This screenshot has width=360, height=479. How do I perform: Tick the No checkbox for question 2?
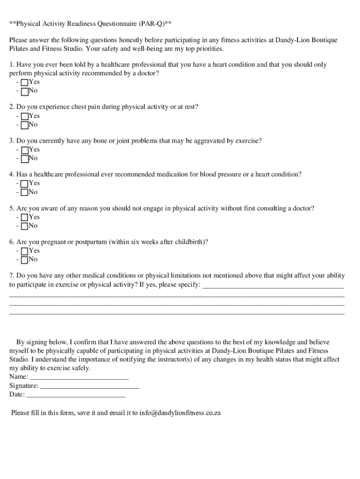[x=24, y=125]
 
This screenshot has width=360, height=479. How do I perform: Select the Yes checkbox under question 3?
[x=24, y=150]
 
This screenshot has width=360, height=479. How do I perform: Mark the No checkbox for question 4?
[x=24, y=192]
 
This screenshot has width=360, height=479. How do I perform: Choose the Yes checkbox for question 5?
[x=24, y=218]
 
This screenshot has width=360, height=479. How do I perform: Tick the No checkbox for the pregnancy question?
[x=24, y=260]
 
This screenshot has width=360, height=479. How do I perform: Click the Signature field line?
[x=90, y=386]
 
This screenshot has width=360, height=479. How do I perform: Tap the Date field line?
[x=76, y=395]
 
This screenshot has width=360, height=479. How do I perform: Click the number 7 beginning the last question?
[x=11, y=276]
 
